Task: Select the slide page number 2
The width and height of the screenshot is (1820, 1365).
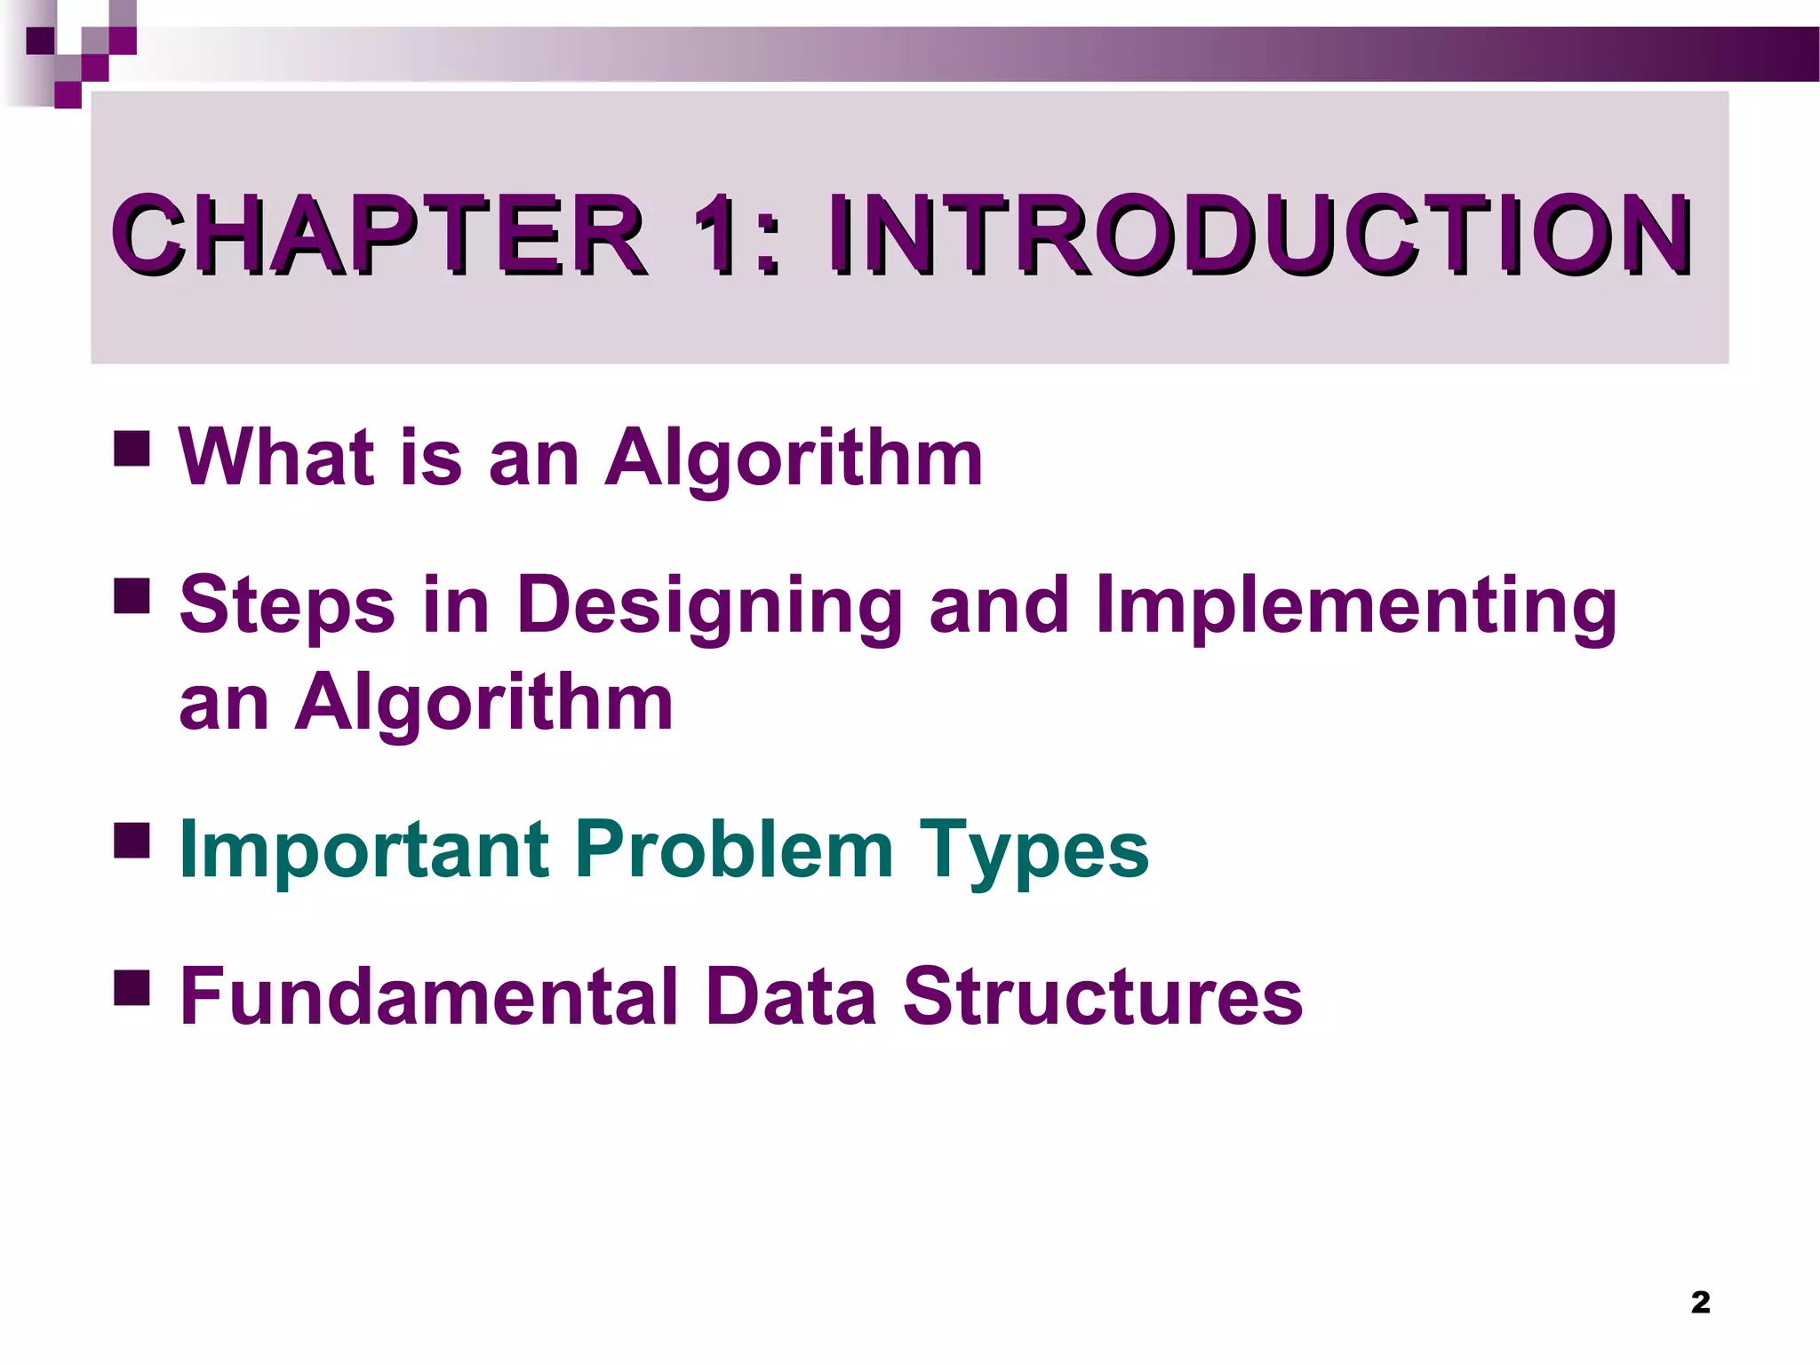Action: (x=1700, y=1302)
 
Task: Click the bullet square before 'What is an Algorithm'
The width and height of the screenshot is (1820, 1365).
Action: (x=132, y=449)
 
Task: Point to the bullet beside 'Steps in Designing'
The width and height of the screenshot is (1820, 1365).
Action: (x=132, y=596)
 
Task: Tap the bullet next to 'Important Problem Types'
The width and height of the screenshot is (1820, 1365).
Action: (x=132, y=840)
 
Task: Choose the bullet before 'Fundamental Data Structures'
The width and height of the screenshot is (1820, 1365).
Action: (x=132, y=986)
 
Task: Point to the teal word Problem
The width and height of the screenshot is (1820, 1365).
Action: (x=733, y=850)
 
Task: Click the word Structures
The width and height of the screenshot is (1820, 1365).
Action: (x=1102, y=997)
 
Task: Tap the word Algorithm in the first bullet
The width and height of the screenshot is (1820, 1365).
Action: (x=794, y=459)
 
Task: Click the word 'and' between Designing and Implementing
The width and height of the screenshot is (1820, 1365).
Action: (x=999, y=606)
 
